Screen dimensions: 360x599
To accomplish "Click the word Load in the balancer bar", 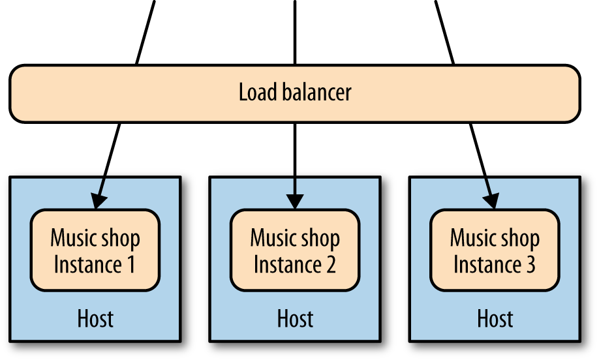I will point(257,92).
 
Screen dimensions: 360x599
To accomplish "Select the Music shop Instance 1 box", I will point(95,250).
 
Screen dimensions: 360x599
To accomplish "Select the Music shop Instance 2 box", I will point(295,250).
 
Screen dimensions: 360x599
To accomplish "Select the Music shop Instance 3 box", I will point(495,250).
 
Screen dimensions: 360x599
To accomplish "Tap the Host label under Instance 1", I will point(95,319).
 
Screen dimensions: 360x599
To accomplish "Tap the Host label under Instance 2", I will point(295,319).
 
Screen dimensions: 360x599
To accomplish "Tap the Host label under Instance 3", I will point(495,319).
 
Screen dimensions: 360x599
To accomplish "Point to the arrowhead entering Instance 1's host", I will point(98,201).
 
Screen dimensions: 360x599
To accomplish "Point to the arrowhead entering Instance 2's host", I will point(295,201).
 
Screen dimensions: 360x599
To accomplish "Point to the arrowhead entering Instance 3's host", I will point(491,201).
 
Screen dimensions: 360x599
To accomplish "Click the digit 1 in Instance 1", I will point(131,265).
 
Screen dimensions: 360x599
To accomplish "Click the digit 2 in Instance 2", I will point(330,265).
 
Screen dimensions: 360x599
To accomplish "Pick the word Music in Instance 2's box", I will point(270,237).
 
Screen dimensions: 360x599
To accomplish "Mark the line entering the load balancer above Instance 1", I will point(146,33).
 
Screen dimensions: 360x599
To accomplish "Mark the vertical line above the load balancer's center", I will point(295,33).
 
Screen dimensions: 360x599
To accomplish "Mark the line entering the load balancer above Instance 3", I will point(444,33).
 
